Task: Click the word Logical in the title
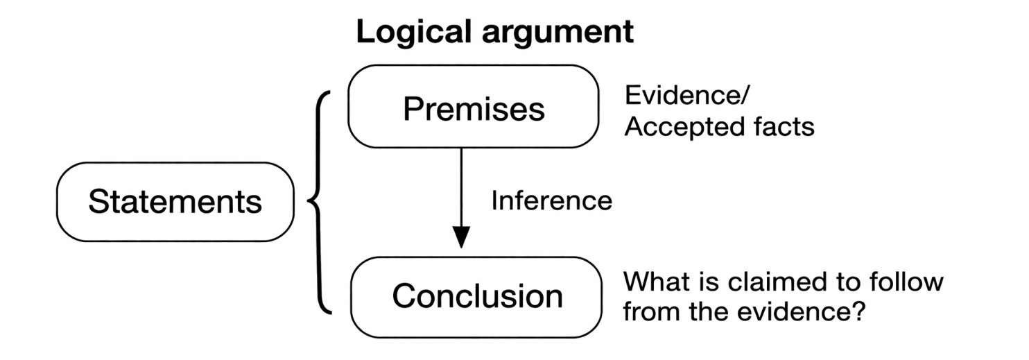click(x=413, y=32)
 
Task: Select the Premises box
click(x=473, y=106)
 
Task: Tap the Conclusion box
click(x=476, y=297)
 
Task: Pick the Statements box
click(x=175, y=201)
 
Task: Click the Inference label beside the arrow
click(x=551, y=200)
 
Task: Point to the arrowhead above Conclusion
click(x=461, y=237)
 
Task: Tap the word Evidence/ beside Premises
click(x=686, y=96)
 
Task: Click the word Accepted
click(x=684, y=128)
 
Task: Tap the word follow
click(x=906, y=282)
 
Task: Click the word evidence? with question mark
click(x=802, y=311)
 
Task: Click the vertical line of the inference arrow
click(x=461, y=187)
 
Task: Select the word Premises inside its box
click(x=474, y=110)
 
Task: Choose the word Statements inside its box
click(x=175, y=201)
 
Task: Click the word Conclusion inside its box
click(x=477, y=295)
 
